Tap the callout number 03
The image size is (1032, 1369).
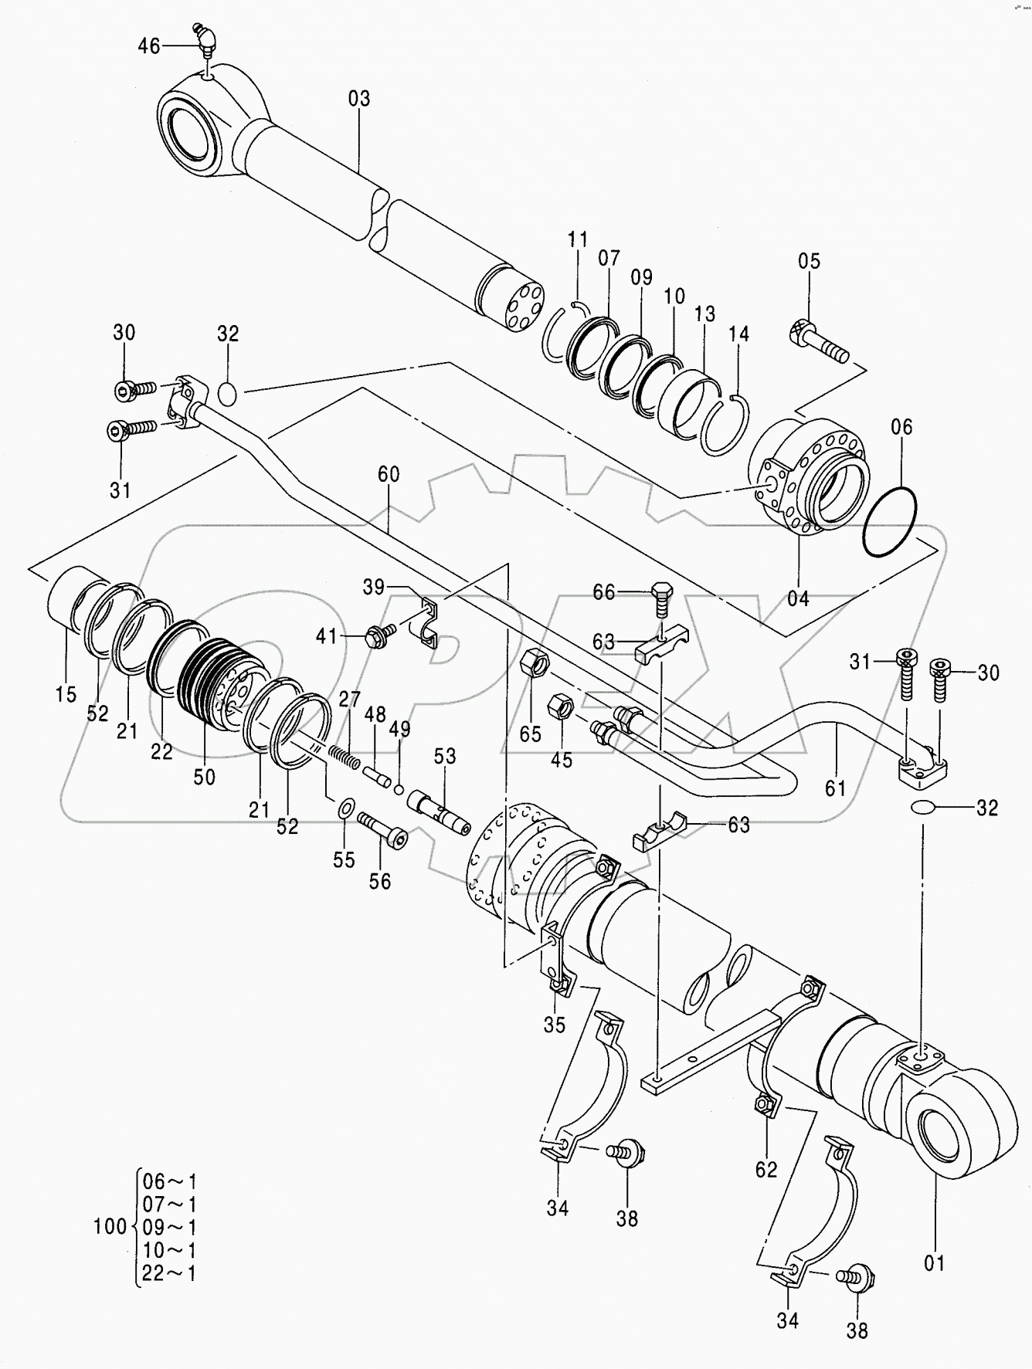pos(359,99)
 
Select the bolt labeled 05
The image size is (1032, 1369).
pos(818,344)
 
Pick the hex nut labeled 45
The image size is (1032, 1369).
pos(560,707)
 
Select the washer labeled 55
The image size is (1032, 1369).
pos(346,808)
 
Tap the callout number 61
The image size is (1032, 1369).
pos(836,788)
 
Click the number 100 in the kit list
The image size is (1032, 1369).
pos(110,1225)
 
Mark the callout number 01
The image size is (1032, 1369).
pos(935,1263)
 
